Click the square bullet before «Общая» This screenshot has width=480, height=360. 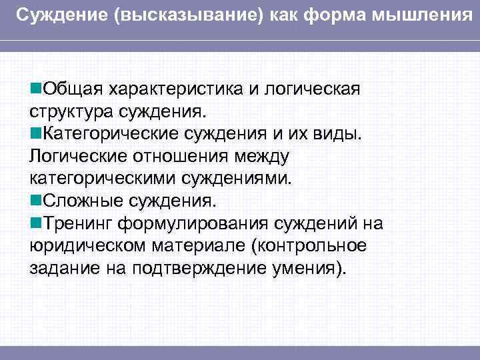[x=35, y=89]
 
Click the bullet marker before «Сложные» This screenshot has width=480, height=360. [x=35, y=201]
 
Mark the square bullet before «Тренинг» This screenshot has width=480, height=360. [x=35, y=223]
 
